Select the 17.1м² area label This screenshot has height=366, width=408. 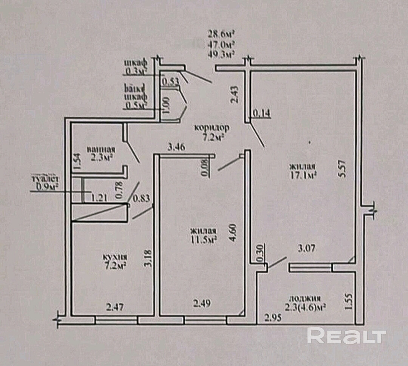click(x=303, y=175)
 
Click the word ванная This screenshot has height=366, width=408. click(x=100, y=149)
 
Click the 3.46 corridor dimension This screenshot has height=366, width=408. click(x=176, y=147)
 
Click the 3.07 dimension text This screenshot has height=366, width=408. click(x=307, y=248)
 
